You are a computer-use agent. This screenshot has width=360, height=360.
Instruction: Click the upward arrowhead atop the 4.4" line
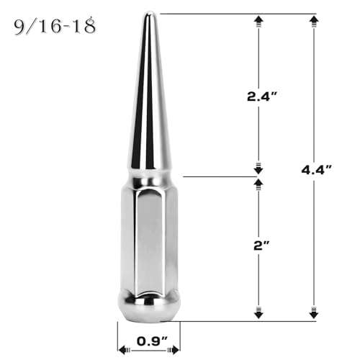click(314, 19)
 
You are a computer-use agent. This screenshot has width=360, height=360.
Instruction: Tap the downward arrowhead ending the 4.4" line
click(314, 314)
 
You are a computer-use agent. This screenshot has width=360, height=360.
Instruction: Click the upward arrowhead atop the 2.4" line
click(258, 19)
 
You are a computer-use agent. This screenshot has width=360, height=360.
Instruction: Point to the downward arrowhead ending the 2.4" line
click(258, 169)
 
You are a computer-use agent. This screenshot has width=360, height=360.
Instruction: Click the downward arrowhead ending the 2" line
click(258, 314)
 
